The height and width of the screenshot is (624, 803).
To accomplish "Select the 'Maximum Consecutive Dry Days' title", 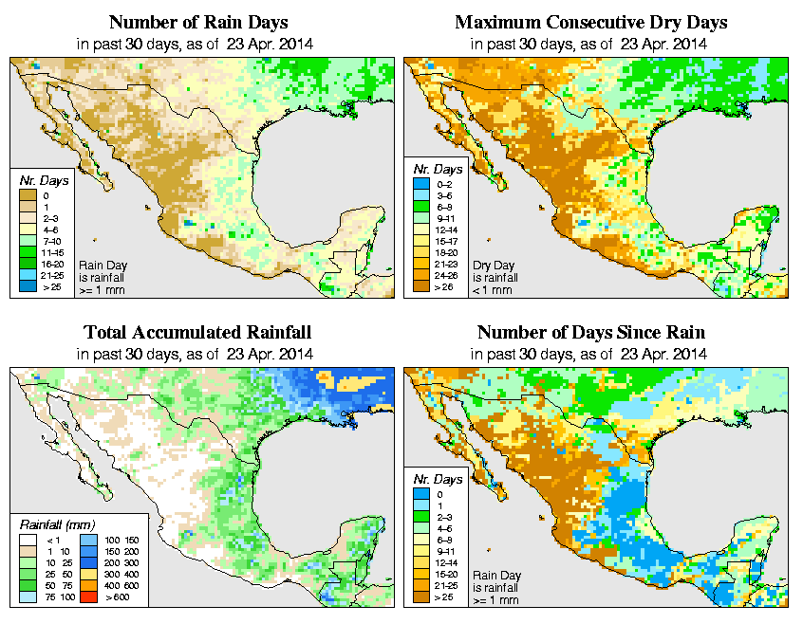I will (590, 22).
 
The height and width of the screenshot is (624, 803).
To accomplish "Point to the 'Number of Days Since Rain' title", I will (590, 333).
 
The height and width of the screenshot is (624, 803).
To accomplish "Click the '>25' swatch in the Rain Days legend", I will (28, 286).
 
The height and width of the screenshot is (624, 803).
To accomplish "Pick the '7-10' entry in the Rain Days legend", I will (28, 241).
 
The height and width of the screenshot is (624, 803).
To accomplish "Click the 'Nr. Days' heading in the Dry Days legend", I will (437, 169).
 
